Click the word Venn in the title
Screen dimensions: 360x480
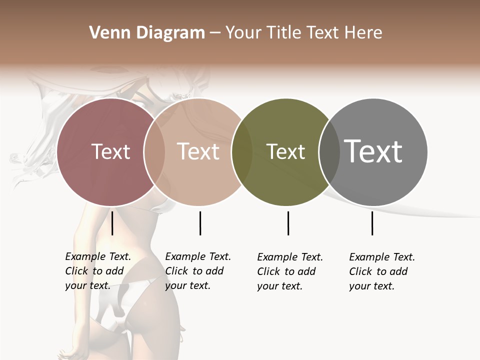click(x=107, y=33)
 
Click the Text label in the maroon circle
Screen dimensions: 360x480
click(x=110, y=151)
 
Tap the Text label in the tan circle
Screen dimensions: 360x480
click(x=198, y=151)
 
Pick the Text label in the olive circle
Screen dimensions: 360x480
click(x=285, y=151)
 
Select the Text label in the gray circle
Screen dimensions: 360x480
click(x=373, y=151)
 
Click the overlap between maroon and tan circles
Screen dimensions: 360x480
click(x=154, y=152)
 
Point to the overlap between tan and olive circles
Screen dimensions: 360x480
click(x=242, y=152)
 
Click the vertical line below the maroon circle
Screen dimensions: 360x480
click(x=112, y=223)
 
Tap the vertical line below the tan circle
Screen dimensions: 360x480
click(x=200, y=223)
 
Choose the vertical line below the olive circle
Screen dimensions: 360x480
click(x=288, y=223)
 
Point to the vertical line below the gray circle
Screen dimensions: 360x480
click(x=372, y=223)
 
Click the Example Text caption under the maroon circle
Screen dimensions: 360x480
click(x=98, y=271)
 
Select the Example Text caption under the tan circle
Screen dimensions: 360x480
click(x=198, y=271)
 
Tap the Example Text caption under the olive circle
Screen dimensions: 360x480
click(x=290, y=271)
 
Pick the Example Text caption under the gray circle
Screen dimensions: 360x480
click(x=382, y=271)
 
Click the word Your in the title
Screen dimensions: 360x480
click(x=243, y=33)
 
